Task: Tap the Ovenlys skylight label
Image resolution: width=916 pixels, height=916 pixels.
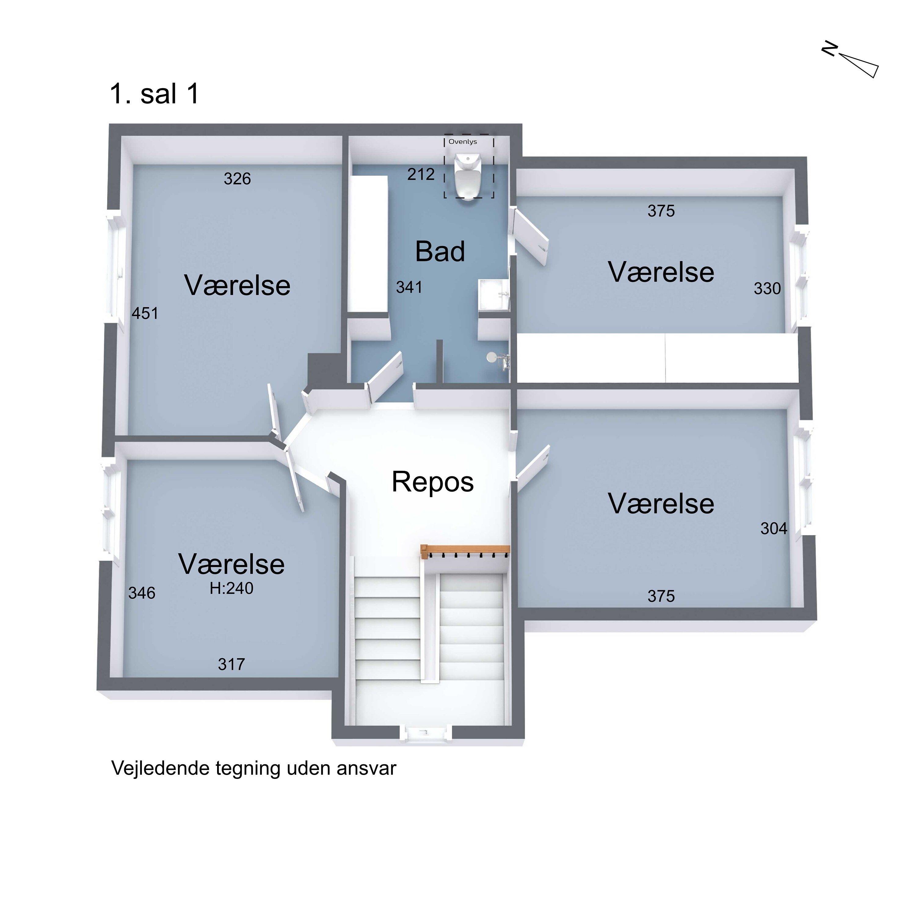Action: pyautogui.click(x=463, y=142)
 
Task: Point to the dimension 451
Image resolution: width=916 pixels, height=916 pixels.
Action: pyautogui.click(x=145, y=313)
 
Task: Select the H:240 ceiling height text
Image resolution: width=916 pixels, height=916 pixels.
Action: pyautogui.click(x=231, y=588)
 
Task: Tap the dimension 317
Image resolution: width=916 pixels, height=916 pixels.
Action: pyautogui.click(x=231, y=664)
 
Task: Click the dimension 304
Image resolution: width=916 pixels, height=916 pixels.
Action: pyautogui.click(x=774, y=529)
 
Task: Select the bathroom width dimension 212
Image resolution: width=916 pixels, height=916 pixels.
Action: pyautogui.click(x=421, y=174)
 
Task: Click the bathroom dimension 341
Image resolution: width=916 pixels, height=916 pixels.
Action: pyautogui.click(x=409, y=287)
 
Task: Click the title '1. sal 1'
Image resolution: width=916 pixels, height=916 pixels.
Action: pyautogui.click(x=154, y=94)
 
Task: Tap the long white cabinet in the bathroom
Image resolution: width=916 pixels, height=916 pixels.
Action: pyautogui.click(x=369, y=244)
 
